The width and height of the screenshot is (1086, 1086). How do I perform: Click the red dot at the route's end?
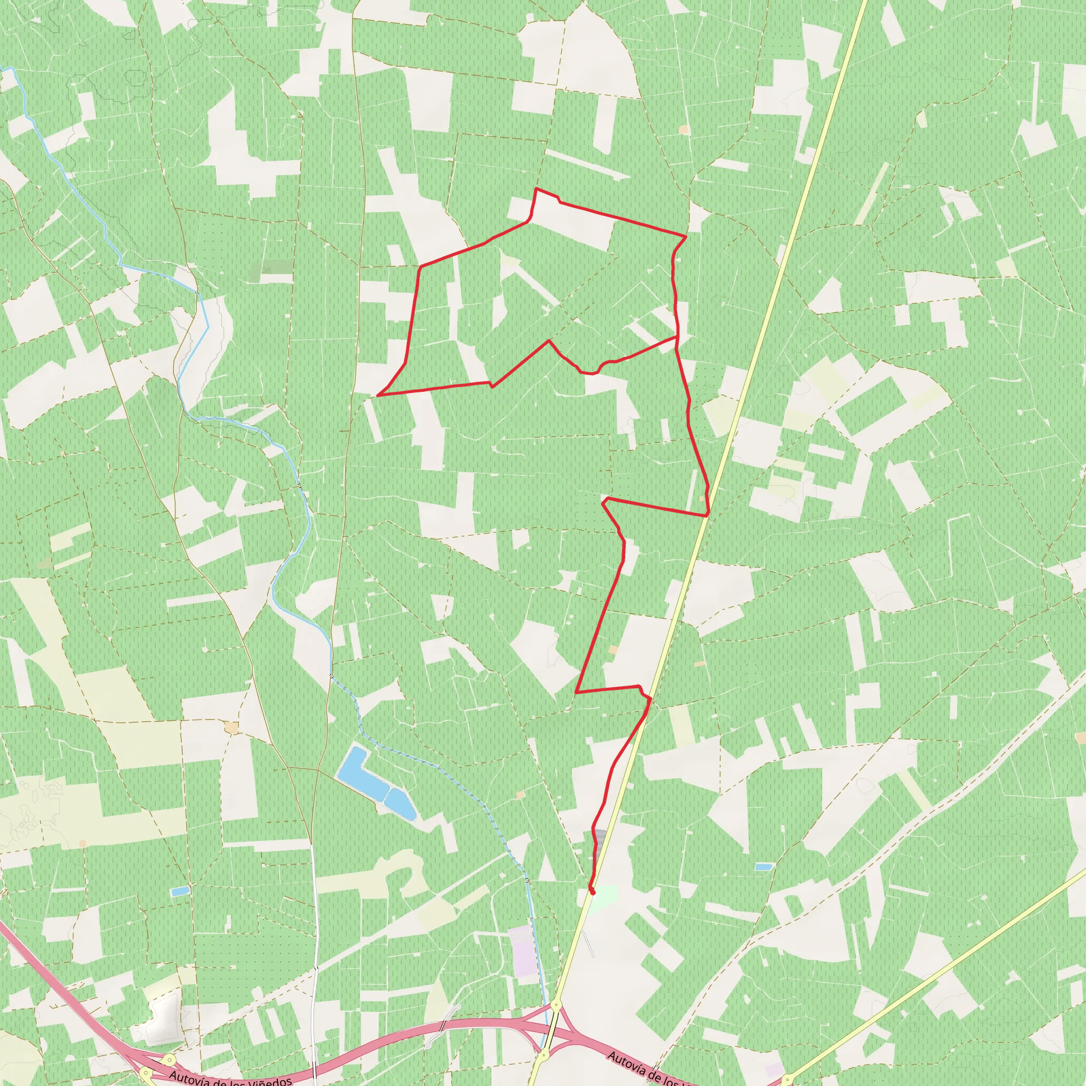pyautogui.click(x=592, y=891)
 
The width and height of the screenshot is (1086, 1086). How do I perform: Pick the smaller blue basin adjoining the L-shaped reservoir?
pyautogui.click(x=401, y=803)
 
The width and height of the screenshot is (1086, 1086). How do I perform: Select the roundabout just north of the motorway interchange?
pyautogui.click(x=556, y=1004)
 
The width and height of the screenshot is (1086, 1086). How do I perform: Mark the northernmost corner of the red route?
pyautogui.click(x=536, y=189)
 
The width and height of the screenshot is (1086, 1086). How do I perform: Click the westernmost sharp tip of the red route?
pyautogui.click(x=378, y=395)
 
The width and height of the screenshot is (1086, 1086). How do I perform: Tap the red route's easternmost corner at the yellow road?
pyautogui.click(x=708, y=514)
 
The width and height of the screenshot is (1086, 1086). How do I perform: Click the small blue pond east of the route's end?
pyautogui.click(x=763, y=867)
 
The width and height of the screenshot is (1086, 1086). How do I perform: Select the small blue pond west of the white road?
pyautogui.click(x=180, y=891)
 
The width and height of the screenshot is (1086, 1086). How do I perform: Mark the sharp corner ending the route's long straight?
pyautogui.click(x=577, y=693)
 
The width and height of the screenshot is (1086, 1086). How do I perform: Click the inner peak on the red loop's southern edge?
pyautogui.click(x=549, y=340)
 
